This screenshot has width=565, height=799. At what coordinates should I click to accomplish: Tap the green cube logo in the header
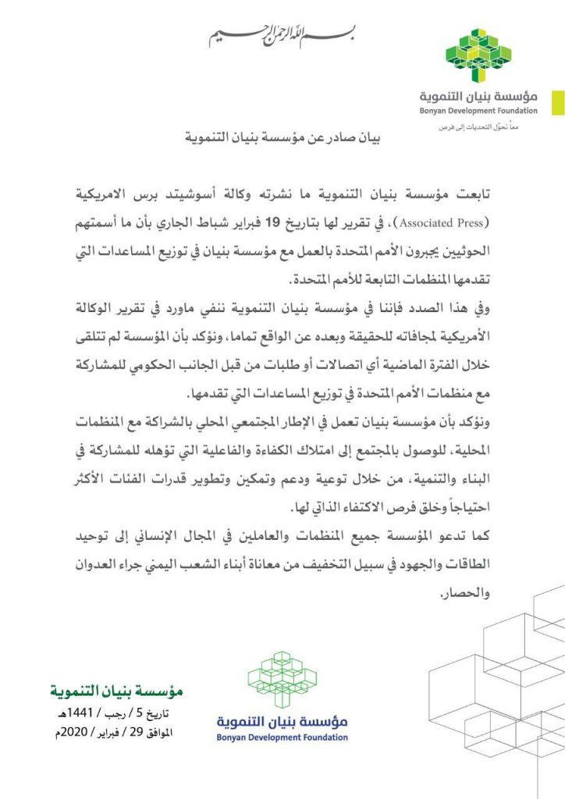(478, 55)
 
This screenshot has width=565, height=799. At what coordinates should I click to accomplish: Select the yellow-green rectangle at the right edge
(558, 102)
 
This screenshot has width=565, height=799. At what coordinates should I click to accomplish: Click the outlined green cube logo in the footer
(282, 680)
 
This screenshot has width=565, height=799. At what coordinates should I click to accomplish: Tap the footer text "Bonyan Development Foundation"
(282, 737)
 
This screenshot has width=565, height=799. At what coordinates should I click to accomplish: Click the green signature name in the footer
(115, 691)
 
